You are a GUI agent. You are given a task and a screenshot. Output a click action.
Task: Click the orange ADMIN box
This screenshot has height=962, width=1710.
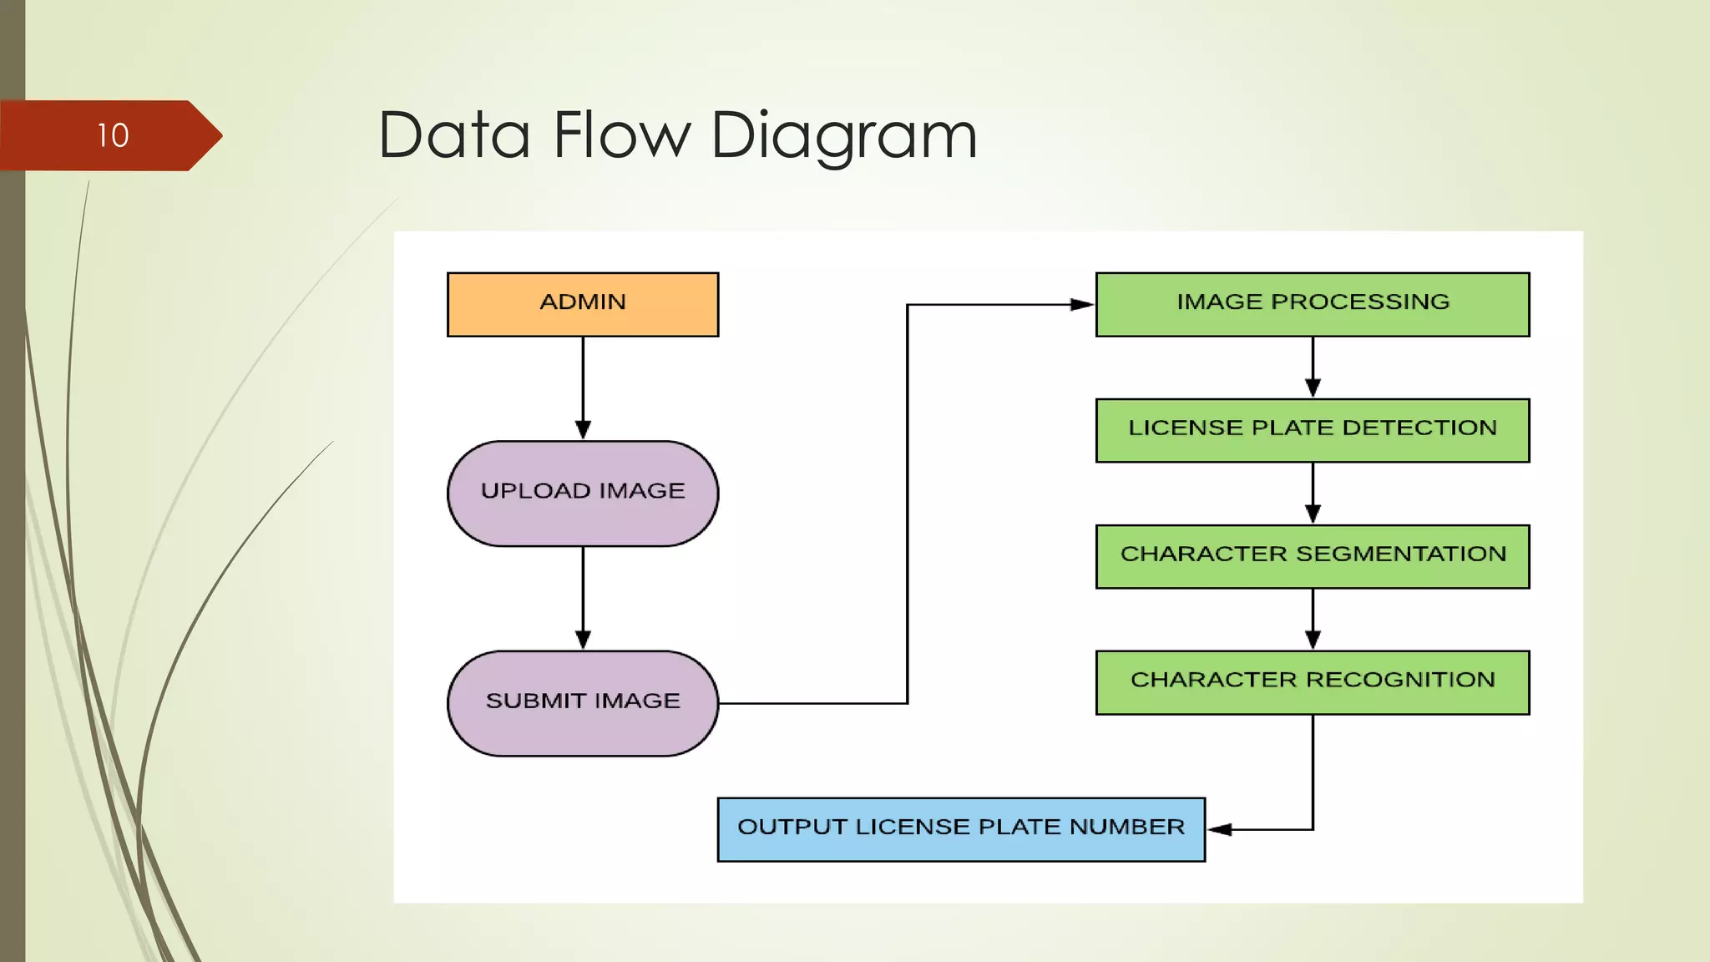click(x=582, y=304)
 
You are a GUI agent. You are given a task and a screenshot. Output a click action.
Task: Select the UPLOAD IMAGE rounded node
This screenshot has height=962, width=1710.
click(x=582, y=493)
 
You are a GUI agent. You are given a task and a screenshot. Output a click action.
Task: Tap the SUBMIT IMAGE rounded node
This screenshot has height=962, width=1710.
click(x=582, y=702)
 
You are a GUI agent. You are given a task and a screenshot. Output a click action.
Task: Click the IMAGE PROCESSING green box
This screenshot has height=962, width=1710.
click(x=1312, y=304)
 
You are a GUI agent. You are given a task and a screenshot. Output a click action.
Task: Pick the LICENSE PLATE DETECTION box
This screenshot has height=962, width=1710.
click(x=1312, y=430)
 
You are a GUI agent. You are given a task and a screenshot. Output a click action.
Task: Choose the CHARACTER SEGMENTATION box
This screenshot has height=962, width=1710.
click(x=1312, y=556)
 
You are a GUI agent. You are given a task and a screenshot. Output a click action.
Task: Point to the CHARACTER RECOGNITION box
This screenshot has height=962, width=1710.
click(x=1312, y=682)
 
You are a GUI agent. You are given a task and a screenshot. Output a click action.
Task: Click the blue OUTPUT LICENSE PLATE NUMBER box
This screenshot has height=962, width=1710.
click(x=960, y=828)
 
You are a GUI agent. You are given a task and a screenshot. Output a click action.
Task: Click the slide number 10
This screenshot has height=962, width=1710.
click(x=113, y=135)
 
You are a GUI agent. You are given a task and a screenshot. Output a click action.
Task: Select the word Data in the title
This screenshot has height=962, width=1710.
click(x=454, y=135)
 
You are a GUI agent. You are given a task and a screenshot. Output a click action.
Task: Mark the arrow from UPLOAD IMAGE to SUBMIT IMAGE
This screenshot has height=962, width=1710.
click(x=583, y=596)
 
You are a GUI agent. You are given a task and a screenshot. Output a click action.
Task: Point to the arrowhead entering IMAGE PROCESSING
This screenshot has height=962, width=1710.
click(x=1082, y=305)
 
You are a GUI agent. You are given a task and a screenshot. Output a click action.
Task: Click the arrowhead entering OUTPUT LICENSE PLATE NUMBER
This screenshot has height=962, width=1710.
click(x=1220, y=829)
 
